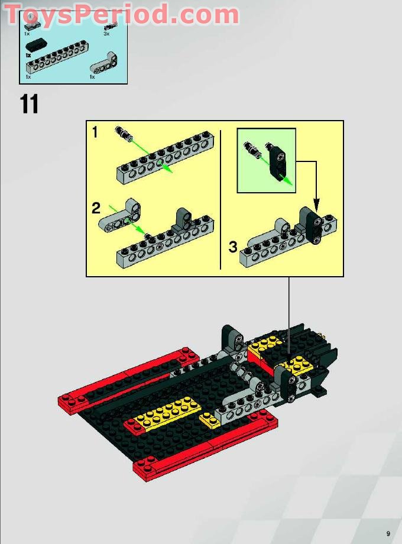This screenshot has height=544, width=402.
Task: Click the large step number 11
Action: [x=29, y=105]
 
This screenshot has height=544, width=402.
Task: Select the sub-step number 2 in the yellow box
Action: [x=96, y=208]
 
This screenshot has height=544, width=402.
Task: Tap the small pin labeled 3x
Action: [x=109, y=26]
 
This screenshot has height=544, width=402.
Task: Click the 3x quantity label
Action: [x=106, y=34]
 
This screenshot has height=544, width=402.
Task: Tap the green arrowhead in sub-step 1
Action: [x=168, y=170]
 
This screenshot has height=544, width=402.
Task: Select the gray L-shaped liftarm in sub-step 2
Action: [x=122, y=216]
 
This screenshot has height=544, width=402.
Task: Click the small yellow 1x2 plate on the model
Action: [x=209, y=420]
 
